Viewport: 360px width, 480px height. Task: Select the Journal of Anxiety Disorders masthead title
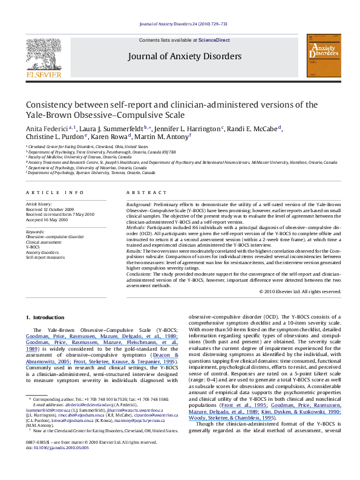(184, 57)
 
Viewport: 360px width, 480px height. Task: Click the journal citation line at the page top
(182, 24)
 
